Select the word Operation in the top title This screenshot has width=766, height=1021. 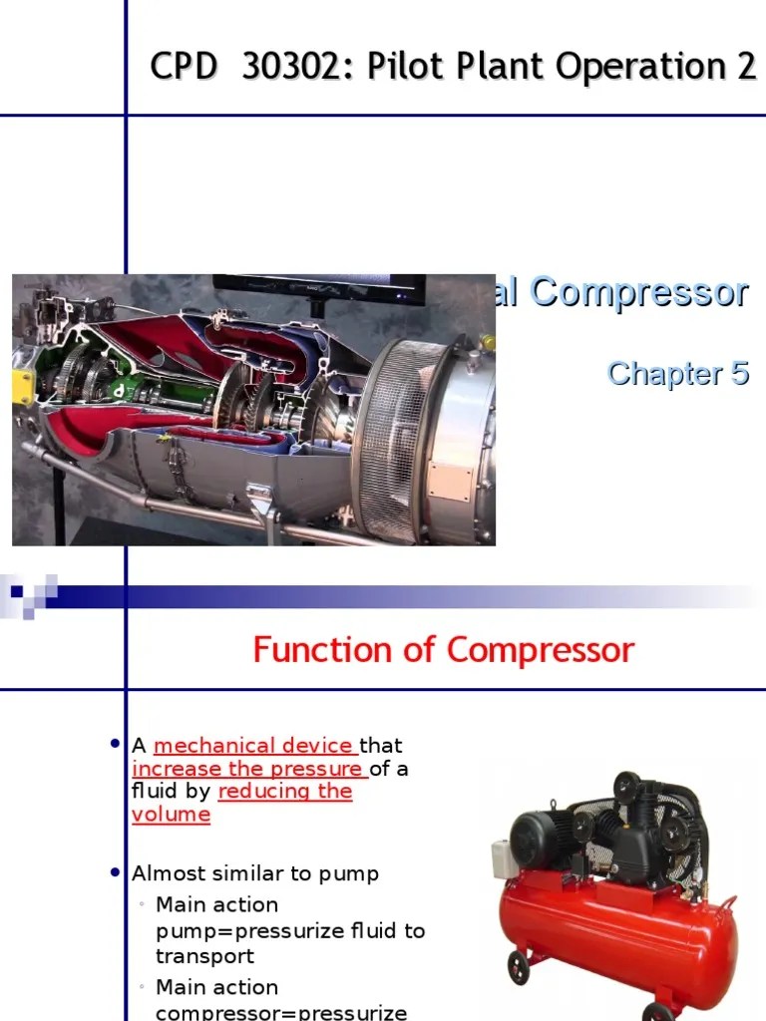tap(634, 67)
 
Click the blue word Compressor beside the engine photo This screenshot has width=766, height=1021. tap(638, 293)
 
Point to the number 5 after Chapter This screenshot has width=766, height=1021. tap(738, 374)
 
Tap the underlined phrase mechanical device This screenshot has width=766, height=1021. tap(253, 745)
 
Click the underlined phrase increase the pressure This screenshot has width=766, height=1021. tap(248, 769)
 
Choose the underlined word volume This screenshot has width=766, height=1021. tap(171, 815)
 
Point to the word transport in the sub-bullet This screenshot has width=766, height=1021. tap(204, 956)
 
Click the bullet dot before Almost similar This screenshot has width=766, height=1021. tap(115, 872)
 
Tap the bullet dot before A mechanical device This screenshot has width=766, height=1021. tap(115, 744)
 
